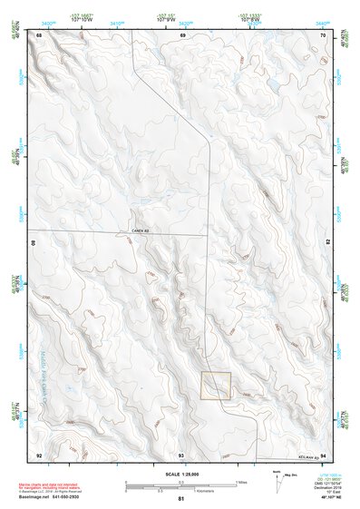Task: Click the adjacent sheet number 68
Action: [x=39, y=34]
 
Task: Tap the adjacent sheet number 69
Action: [x=181, y=34]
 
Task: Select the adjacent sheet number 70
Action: [x=324, y=34]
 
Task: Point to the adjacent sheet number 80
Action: [x=36, y=244]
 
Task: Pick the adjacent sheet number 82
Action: [x=326, y=244]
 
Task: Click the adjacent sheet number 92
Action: [x=39, y=454]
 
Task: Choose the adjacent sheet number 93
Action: [x=181, y=454]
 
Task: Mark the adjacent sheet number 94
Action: [x=324, y=454]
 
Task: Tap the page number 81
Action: [x=181, y=499]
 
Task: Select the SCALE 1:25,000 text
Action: [x=181, y=474]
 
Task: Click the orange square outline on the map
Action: [x=216, y=386]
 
